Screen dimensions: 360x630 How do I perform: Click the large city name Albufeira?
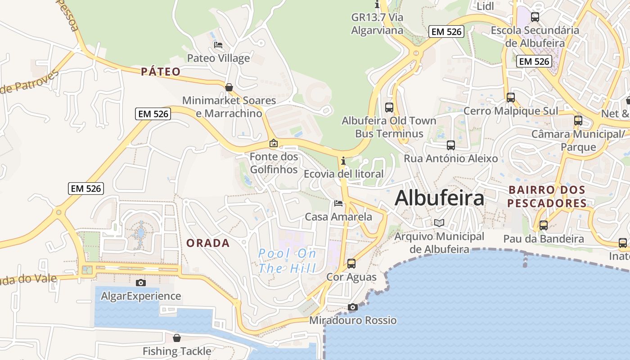point(439,198)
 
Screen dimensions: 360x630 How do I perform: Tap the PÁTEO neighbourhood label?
point(161,72)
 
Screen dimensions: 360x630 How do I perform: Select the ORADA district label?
point(208,243)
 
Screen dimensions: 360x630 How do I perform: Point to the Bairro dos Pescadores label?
point(547,197)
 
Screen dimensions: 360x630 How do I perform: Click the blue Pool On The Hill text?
point(287,261)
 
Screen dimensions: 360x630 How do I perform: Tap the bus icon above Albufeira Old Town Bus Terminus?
point(389,108)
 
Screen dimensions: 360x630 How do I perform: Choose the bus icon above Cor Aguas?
point(351,264)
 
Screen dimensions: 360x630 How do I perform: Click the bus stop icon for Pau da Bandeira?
point(544,225)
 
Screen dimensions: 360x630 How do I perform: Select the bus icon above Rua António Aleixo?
point(451,145)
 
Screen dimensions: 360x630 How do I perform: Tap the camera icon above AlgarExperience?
point(141,283)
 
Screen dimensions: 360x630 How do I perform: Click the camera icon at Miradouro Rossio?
point(353,307)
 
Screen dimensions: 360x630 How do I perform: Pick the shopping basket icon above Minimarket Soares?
point(229,87)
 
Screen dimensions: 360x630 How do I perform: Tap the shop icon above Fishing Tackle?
point(177,338)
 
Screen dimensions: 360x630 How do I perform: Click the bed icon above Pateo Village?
point(218,45)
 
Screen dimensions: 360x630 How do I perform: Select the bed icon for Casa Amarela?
point(338,203)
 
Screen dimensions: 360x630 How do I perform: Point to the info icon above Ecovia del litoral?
point(343,161)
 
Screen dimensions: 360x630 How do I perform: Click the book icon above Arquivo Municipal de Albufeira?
point(439,223)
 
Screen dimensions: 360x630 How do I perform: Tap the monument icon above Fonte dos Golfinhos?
point(273,144)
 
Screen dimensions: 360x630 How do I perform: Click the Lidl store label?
point(485,6)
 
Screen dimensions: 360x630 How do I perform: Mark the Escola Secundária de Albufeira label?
point(535,36)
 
